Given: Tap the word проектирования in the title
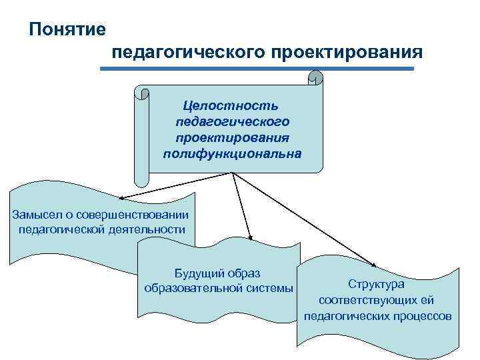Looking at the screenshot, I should pos(346,53).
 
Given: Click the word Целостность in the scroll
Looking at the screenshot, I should pos(231,106).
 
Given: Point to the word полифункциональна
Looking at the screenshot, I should pos(231,154).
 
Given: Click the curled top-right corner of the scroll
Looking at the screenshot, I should pos(315,80).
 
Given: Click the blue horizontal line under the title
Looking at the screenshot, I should pos(261,68).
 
